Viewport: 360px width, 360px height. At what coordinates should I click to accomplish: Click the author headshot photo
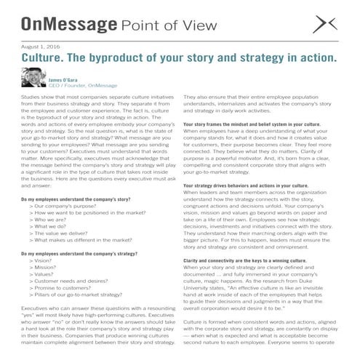33,78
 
